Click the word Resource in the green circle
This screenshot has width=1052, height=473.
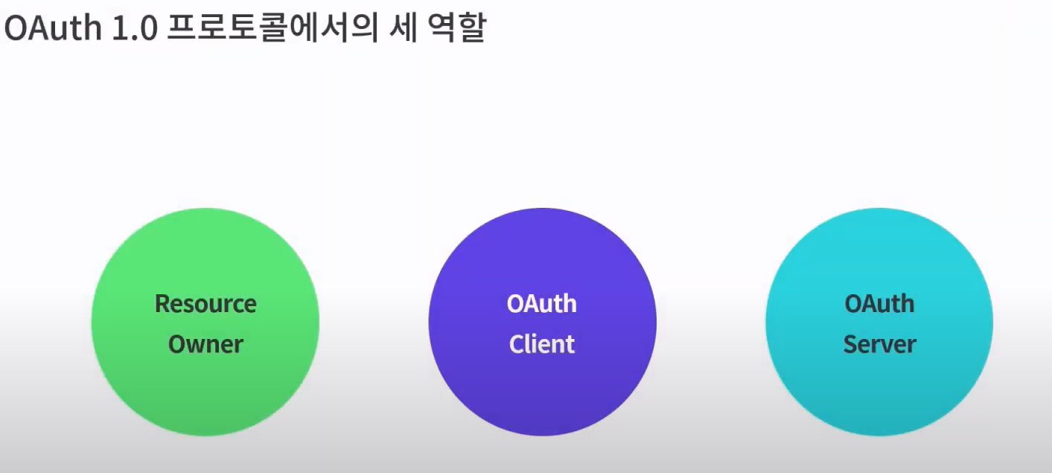click(x=205, y=304)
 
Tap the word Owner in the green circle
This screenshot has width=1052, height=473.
click(x=205, y=344)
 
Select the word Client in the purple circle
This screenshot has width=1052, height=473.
click(x=542, y=344)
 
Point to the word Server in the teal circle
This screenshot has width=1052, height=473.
click(x=879, y=344)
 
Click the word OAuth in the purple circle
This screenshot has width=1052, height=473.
click(x=542, y=304)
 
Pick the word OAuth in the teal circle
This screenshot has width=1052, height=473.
click(x=879, y=304)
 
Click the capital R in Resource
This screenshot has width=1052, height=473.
click(x=162, y=304)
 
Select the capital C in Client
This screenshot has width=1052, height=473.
click(x=515, y=344)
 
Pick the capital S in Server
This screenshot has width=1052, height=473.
click(x=850, y=344)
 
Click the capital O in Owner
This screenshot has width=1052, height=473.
click(x=176, y=344)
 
